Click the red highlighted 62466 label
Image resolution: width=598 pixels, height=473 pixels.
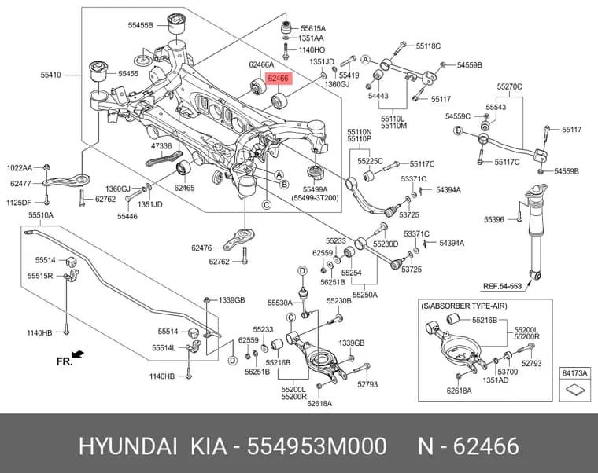click(x=279, y=79)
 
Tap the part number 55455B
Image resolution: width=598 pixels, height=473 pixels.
click(x=140, y=25)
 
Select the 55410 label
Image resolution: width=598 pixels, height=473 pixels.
click(x=50, y=75)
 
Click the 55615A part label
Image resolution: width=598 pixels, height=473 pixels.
click(x=313, y=28)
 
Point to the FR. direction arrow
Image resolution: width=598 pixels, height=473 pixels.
click(x=78, y=354)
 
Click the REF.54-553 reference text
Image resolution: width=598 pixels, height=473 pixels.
click(x=502, y=286)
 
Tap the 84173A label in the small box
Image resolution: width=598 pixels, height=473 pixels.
click(x=574, y=373)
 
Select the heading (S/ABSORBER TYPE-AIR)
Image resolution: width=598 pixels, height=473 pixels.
click(x=463, y=306)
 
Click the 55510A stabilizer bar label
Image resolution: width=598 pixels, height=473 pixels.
click(x=41, y=215)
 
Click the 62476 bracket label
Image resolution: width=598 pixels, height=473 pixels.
click(x=201, y=248)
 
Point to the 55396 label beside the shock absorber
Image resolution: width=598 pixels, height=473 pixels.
click(x=494, y=220)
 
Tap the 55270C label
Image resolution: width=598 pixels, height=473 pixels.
click(x=509, y=87)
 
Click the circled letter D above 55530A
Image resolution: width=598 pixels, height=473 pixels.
click(x=302, y=271)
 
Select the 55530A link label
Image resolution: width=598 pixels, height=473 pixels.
click(x=280, y=302)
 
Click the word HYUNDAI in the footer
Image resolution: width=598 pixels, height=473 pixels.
click(x=127, y=446)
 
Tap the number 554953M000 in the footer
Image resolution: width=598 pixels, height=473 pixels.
click(x=316, y=446)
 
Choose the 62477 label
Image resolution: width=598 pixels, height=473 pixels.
click(x=20, y=184)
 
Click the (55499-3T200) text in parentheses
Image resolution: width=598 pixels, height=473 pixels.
click(x=315, y=198)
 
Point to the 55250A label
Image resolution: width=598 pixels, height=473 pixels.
click(x=365, y=295)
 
